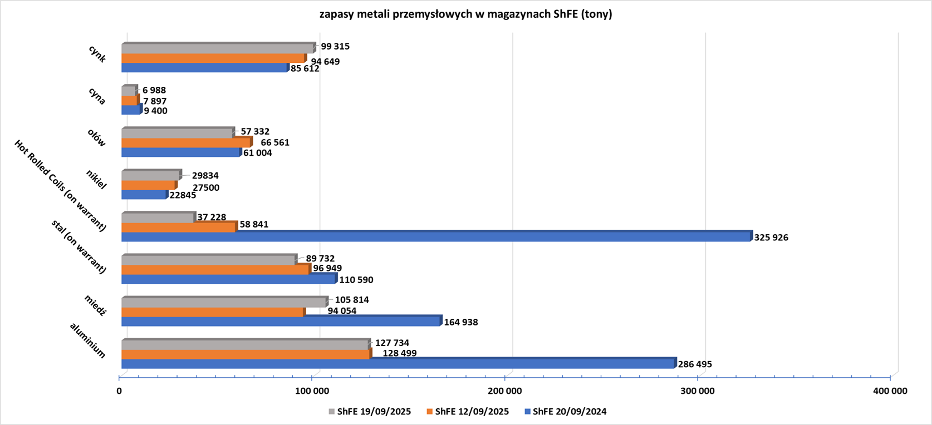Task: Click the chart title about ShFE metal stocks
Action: [x=465, y=14]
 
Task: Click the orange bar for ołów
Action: [x=185, y=143]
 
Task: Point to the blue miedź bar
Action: [x=281, y=322]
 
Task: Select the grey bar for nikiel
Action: [x=150, y=176]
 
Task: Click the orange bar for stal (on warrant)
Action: [x=215, y=270]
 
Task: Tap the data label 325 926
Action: [x=771, y=238]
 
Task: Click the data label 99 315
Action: [x=335, y=47]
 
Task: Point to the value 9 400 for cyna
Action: [x=155, y=111]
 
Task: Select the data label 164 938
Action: [x=460, y=322]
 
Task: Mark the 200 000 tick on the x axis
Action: [x=504, y=391]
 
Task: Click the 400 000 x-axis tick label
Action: [x=890, y=391]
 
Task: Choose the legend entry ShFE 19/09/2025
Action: [x=370, y=412]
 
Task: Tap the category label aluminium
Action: [x=87, y=340]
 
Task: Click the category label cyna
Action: [x=97, y=96]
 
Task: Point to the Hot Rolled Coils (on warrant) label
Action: [x=60, y=186]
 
